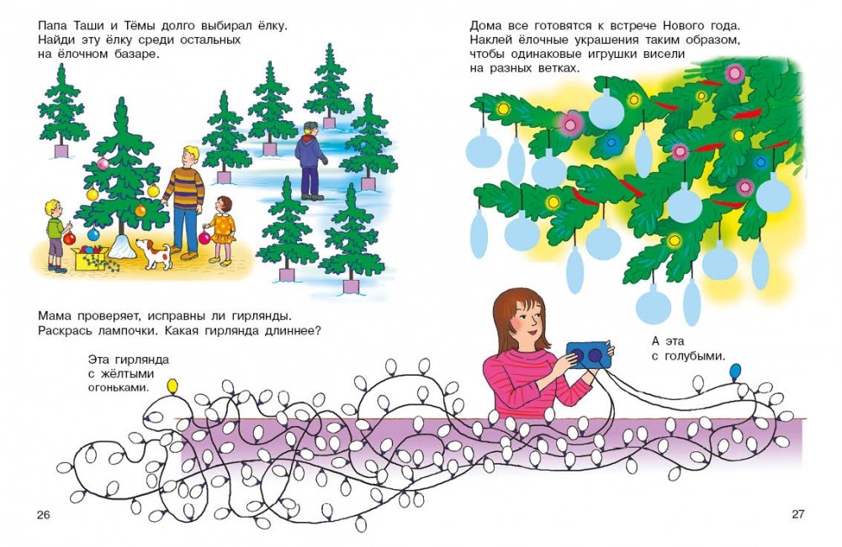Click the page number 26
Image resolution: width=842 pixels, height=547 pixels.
[43, 515]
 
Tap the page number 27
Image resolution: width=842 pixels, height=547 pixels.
[798, 513]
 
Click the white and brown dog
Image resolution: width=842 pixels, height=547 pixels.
[154, 254]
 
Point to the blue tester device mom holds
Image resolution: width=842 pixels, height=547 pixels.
[589, 355]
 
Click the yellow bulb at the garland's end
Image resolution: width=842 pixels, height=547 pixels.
[172, 385]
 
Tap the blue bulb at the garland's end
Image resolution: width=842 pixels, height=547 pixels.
[735, 370]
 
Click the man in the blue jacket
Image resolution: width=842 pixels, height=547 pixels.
[310, 160]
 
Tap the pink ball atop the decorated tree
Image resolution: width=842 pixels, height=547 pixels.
[103, 164]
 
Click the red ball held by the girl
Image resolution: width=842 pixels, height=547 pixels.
[204, 238]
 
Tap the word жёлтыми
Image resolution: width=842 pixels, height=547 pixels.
[121, 373]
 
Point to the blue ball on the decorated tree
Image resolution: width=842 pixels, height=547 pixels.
[93, 234]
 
